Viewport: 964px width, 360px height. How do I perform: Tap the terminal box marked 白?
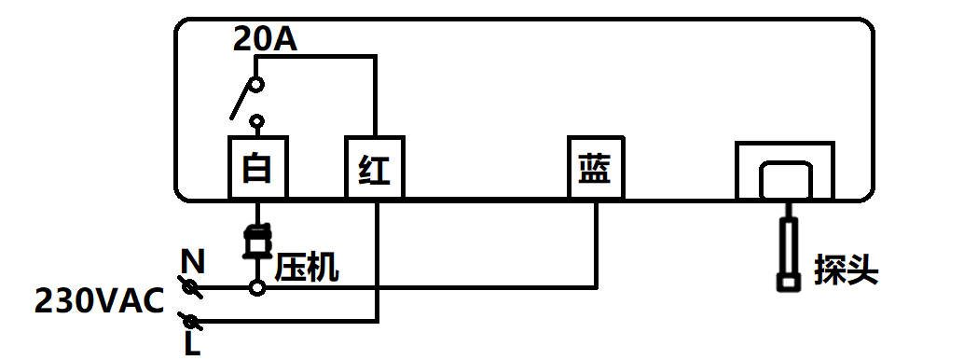pos(257,168)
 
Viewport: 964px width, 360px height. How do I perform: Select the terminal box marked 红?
pos(374,168)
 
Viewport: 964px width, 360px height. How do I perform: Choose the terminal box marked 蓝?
pos(596,168)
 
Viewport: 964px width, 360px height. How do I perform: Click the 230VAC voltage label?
pos(99,301)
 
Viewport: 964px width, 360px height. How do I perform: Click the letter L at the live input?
pos(192,344)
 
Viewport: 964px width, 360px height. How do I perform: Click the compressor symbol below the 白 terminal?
pos(256,240)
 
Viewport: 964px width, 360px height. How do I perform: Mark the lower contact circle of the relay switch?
pos(256,121)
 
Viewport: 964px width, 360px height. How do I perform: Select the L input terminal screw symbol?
pos(193,320)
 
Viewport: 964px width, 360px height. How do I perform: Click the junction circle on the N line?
pos(256,288)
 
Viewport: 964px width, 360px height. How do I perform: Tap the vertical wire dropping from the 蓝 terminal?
pos(596,242)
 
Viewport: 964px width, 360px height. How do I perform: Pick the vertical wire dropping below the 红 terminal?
pos(377,261)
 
